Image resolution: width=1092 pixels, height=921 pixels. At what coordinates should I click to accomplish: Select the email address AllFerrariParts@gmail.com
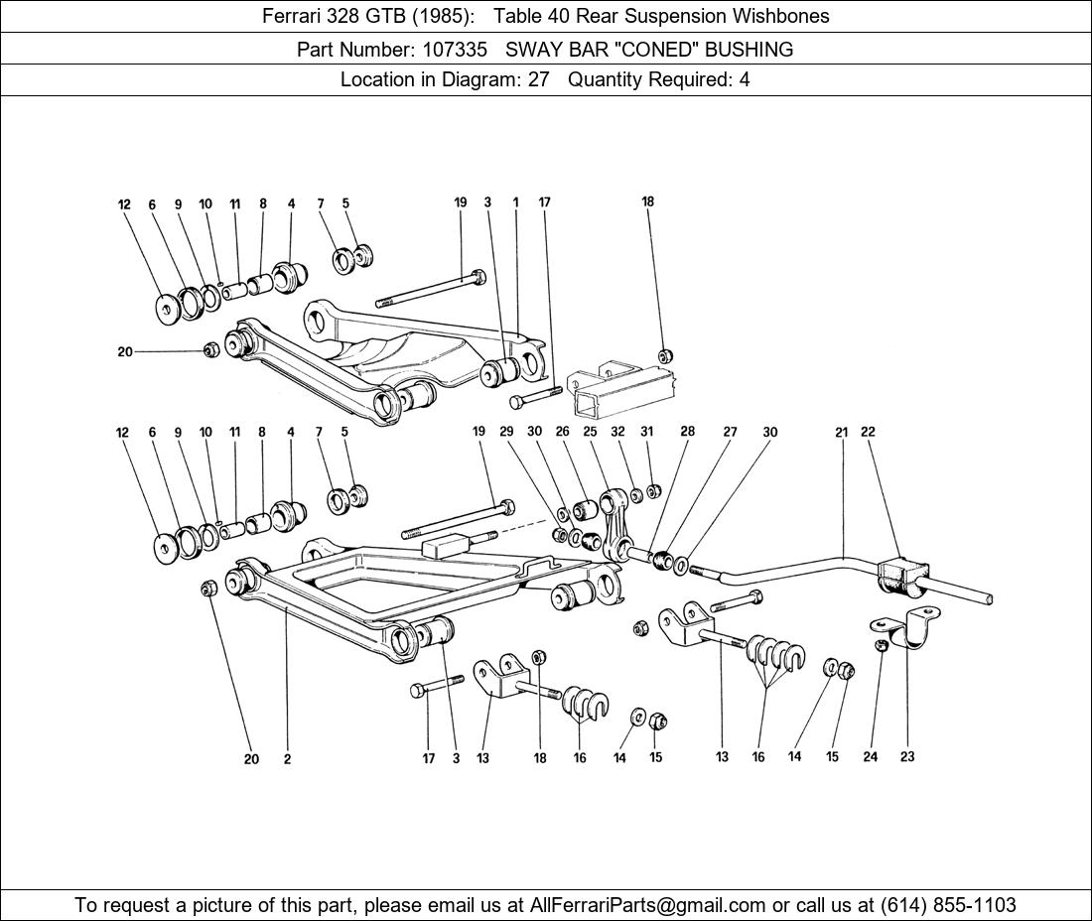click(x=648, y=905)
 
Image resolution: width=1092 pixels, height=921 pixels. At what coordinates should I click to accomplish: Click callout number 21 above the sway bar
click(x=842, y=432)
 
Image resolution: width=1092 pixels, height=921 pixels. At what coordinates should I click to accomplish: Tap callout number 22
click(x=868, y=432)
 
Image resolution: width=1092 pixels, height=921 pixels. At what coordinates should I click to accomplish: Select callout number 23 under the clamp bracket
click(x=907, y=756)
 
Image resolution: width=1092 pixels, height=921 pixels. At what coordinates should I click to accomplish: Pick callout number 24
click(x=870, y=756)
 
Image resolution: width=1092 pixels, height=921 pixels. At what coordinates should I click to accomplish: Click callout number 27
click(x=730, y=432)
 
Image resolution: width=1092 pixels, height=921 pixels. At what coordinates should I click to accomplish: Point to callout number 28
click(x=687, y=432)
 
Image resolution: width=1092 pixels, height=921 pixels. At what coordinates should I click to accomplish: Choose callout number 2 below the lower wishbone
click(x=287, y=759)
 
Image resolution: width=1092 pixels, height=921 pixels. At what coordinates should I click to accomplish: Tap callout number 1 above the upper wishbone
click(x=516, y=202)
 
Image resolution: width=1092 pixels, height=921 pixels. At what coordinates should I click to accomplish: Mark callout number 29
click(x=506, y=432)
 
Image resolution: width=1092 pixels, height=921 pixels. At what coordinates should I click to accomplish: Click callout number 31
click(x=646, y=432)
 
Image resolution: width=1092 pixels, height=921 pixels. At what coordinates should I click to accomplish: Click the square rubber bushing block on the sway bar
click(x=901, y=576)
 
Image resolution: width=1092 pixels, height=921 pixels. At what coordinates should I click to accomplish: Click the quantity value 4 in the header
click(x=744, y=80)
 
